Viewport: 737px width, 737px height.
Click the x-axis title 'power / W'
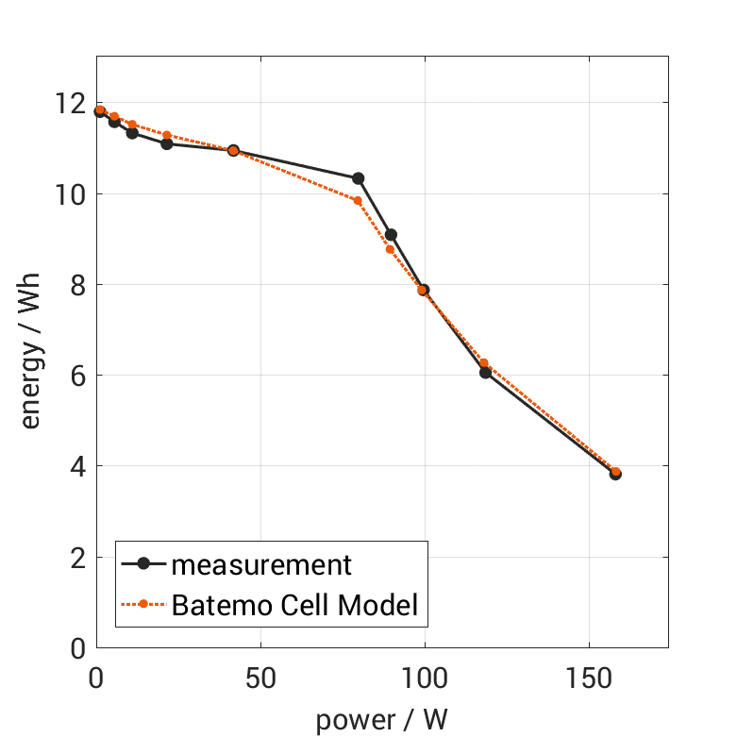click(381, 720)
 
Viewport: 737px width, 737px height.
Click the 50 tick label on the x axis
click(260, 678)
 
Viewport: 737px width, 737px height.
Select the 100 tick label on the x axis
click(424, 678)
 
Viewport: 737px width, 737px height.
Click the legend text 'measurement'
click(261, 564)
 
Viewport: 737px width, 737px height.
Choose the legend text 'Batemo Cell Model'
click(294, 604)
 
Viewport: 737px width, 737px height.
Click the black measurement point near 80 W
click(359, 178)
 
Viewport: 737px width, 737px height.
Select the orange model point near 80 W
click(358, 200)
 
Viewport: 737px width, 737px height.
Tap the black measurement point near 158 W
click(615, 474)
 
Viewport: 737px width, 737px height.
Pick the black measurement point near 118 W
click(485, 373)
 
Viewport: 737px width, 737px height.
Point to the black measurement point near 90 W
click(391, 234)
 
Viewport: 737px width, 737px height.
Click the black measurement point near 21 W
click(167, 143)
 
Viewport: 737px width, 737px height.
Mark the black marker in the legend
click(144, 564)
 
